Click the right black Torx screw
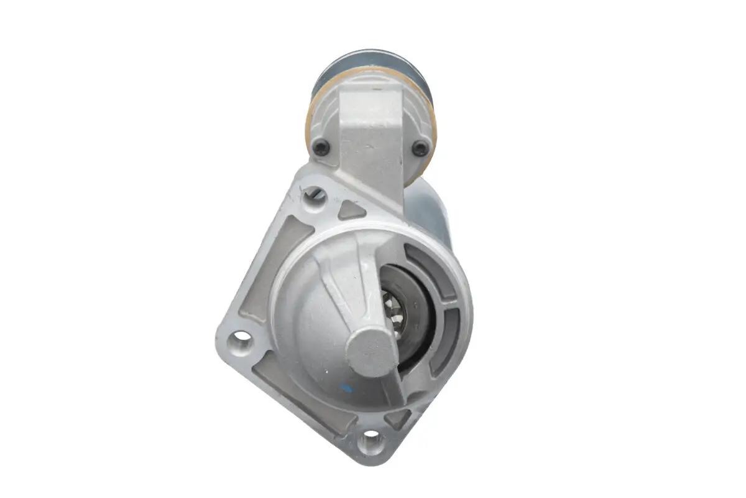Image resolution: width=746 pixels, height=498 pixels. click(421, 148)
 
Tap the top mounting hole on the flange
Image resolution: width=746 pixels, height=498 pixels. click(315, 197)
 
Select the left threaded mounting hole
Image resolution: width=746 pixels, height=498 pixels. click(241, 341)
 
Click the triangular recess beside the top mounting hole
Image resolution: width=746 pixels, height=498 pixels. click(350, 210)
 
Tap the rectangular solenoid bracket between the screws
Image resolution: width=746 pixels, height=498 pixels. click(371, 131)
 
